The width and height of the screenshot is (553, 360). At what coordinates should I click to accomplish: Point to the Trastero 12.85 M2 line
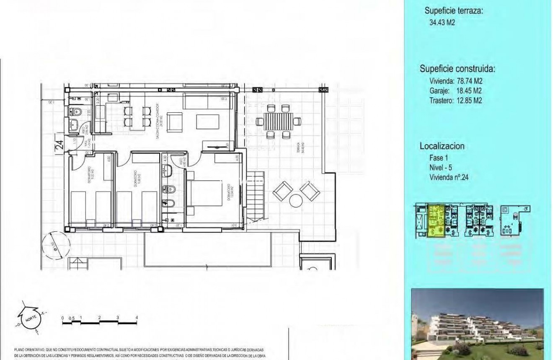pos(456,101)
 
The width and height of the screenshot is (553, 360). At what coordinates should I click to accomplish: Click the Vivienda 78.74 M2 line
pos(456,81)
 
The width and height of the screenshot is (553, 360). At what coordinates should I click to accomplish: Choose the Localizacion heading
pos(442,146)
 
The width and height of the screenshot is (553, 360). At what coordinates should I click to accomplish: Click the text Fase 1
pos(439,158)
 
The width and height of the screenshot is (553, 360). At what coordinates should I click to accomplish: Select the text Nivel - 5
pos(441,168)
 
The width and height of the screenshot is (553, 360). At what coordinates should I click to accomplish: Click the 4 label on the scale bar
pos(137,318)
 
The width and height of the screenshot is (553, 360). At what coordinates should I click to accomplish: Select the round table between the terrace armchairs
pos(296,201)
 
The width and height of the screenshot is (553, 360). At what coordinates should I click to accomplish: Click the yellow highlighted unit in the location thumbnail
pos(436,221)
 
